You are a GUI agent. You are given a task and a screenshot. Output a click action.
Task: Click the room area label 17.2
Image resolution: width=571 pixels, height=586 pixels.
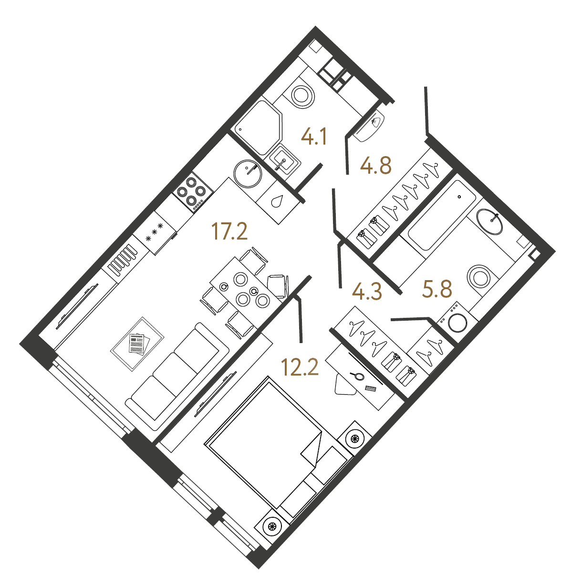tap(229, 232)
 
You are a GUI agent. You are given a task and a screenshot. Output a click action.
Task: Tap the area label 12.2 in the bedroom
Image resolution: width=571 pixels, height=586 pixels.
tap(300, 367)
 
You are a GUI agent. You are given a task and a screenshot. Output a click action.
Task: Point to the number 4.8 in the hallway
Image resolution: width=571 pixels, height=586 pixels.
tap(376, 166)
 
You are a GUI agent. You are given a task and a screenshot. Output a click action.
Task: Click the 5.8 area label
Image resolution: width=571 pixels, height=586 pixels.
tap(437, 289)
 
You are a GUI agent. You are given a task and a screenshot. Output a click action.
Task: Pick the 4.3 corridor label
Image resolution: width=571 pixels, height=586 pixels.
tap(367, 292)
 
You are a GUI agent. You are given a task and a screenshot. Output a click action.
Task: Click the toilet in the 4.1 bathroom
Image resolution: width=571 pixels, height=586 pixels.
tap(301, 95)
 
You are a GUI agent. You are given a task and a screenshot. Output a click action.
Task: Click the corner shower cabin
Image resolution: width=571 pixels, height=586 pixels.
tap(258, 126)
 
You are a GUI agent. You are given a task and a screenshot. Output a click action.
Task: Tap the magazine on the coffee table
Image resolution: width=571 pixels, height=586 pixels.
tap(137, 343)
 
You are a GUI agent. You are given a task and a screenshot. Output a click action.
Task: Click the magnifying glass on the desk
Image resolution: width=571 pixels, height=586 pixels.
tap(355, 375)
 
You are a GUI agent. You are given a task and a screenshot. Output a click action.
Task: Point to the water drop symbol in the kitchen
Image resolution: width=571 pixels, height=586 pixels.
tap(277, 201)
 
